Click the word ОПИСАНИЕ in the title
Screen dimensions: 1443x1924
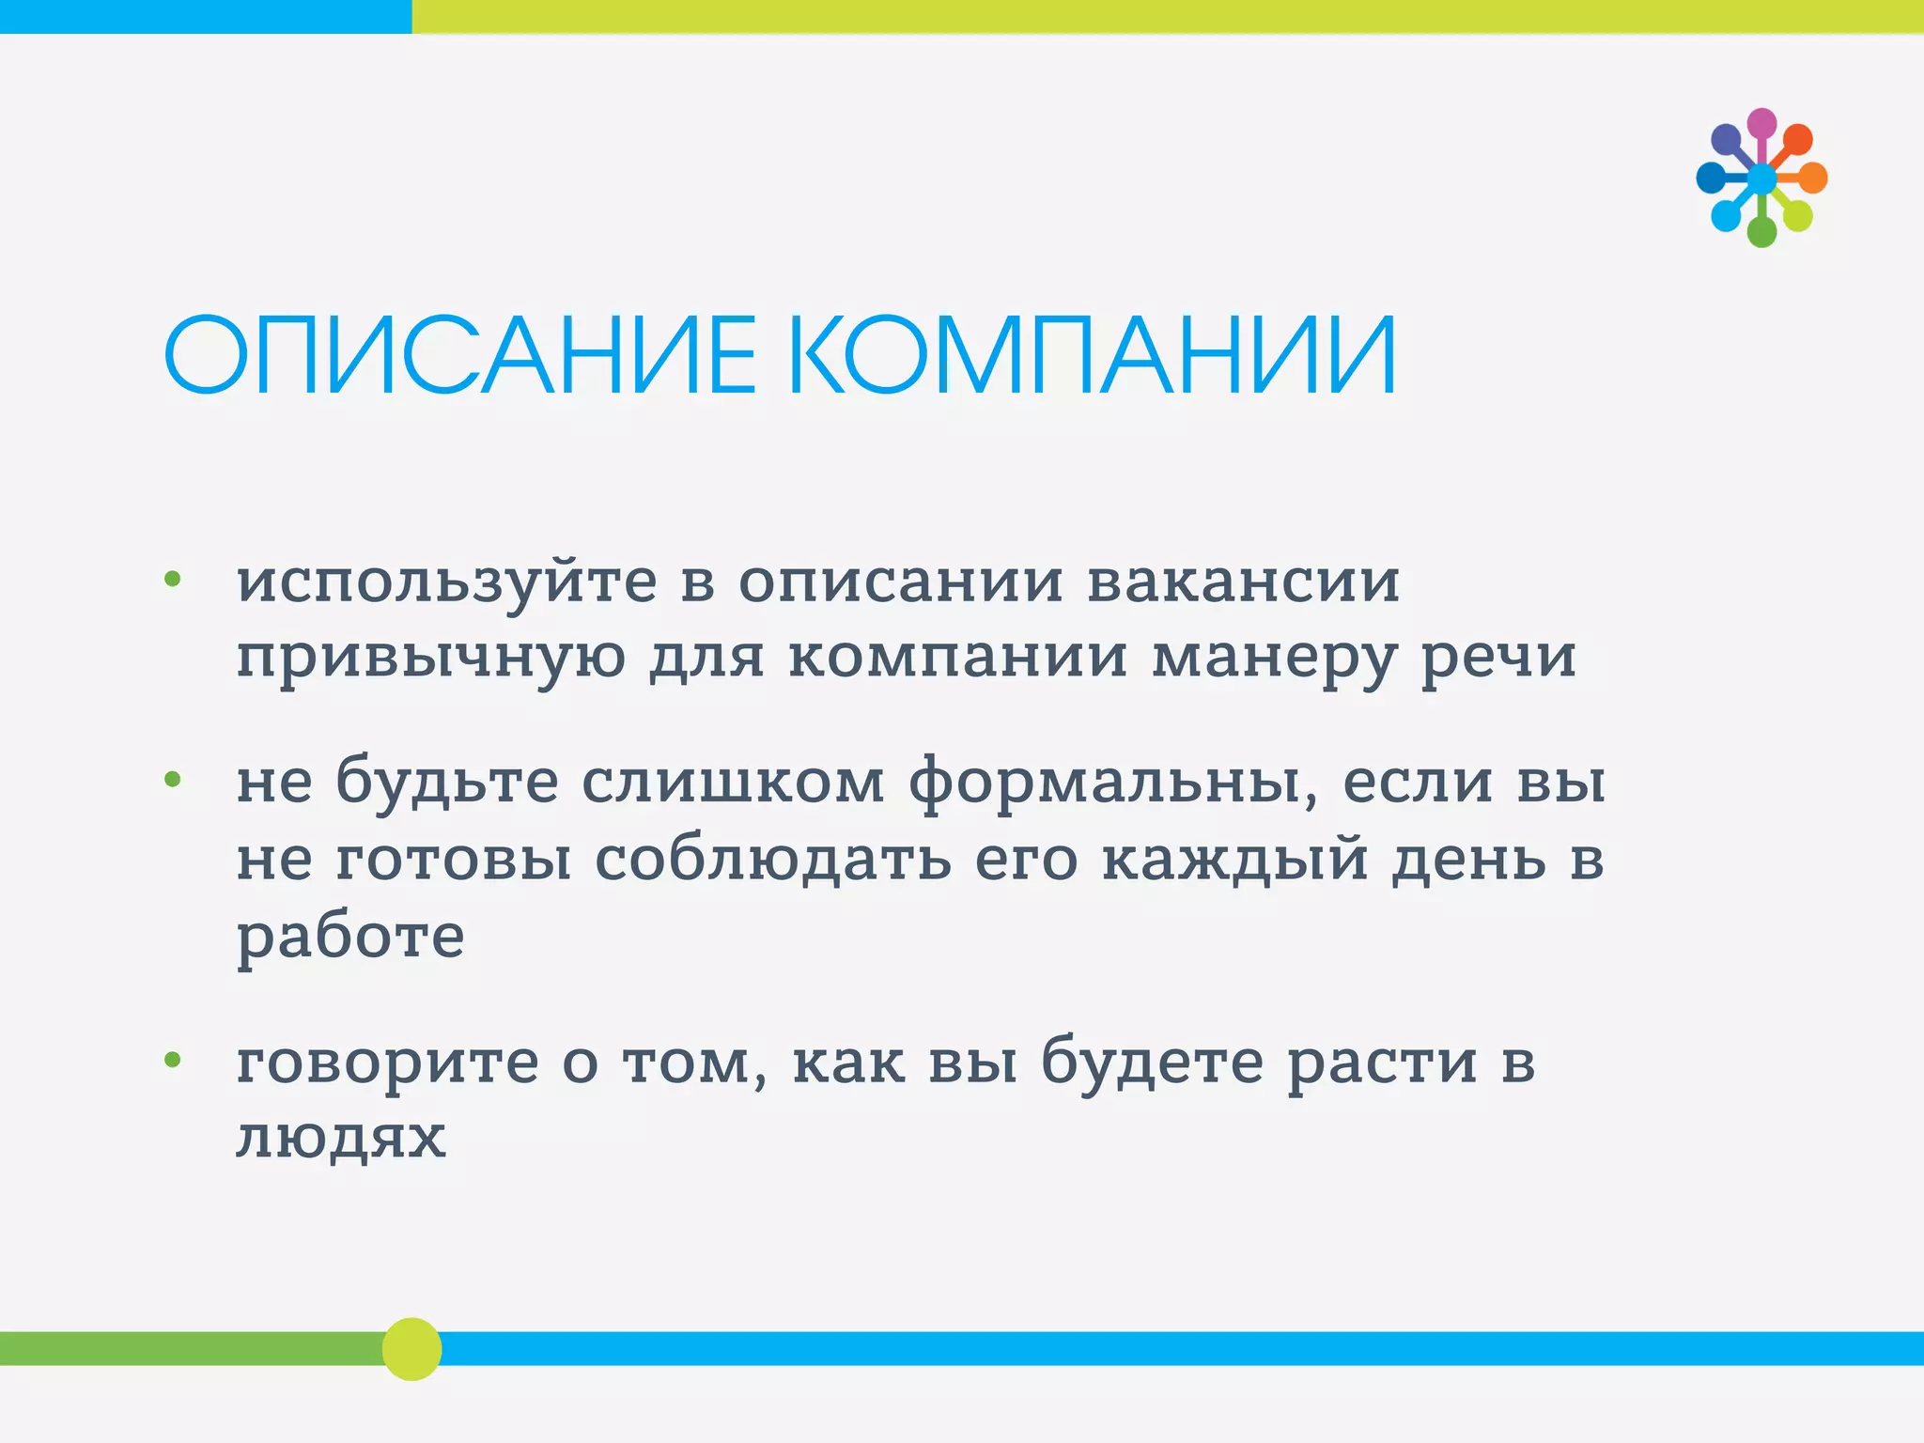[x=459, y=356]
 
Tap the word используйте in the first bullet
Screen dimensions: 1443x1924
[x=446, y=582]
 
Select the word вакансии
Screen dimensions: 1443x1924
[x=1243, y=582]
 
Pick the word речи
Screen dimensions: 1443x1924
[x=1497, y=658]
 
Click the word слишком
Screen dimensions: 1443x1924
[x=733, y=783]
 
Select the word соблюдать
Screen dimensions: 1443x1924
[x=772, y=860]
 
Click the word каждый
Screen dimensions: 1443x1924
[x=1234, y=860]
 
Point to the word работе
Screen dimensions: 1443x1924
[x=350, y=938]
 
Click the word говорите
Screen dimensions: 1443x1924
[x=387, y=1064]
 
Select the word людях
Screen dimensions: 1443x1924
[x=341, y=1140]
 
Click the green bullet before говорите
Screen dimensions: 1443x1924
[x=172, y=1061]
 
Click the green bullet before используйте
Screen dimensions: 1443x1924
[x=172, y=579]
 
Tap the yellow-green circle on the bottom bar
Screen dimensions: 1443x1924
[x=411, y=1349]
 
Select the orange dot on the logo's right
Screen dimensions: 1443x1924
[x=1812, y=178]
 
